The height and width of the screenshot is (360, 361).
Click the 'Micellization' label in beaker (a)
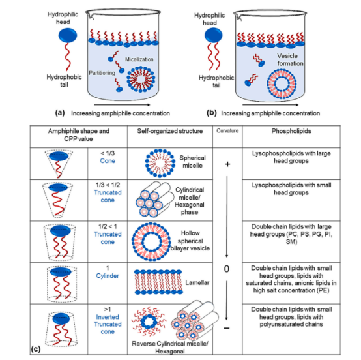tap(139, 59)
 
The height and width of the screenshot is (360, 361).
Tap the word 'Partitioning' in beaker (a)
tap(102, 73)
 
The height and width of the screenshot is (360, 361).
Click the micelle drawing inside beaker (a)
tap(141, 80)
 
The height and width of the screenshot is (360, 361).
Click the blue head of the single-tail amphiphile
tap(68, 35)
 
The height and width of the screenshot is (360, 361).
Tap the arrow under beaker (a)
tap(122, 105)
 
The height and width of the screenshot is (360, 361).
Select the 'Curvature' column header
tap(227, 130)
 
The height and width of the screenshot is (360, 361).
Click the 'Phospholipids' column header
tap(291, 131)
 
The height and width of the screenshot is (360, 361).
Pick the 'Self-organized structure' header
tap(170, 131)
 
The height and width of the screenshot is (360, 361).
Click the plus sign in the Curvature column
tap(227, 164)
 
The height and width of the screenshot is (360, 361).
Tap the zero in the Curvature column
tap(227, 269)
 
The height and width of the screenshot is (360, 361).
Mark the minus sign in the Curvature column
tap(227, 328)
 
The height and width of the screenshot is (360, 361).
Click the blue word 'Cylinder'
tap(108, 276)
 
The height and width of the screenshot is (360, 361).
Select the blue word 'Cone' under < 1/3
tap(108, 161)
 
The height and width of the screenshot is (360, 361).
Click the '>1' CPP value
tap(108, 309)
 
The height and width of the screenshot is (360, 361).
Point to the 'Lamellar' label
tap(197, 282)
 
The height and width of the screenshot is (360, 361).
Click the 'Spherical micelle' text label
tap(192, 162)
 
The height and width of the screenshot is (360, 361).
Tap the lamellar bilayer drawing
tap(158, 282)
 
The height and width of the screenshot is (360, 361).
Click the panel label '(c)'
tap(36, 350)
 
